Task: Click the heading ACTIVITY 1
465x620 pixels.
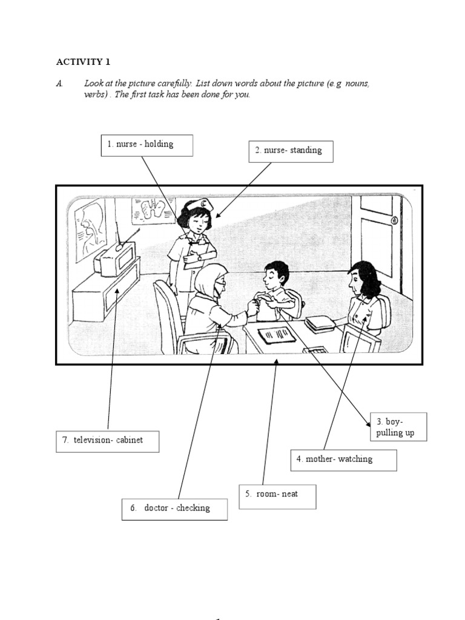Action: pos(84,62)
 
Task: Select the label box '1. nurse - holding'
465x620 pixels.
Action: pos(147,145)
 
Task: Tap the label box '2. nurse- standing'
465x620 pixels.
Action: pos(291,151)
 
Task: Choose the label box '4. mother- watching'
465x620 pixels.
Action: pos(343,460)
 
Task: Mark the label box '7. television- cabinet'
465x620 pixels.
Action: pos(108,441)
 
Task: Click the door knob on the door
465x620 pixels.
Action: pos(394,221)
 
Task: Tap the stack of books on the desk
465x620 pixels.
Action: pos(319,324)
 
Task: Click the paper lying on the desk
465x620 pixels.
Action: pos(277,335)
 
